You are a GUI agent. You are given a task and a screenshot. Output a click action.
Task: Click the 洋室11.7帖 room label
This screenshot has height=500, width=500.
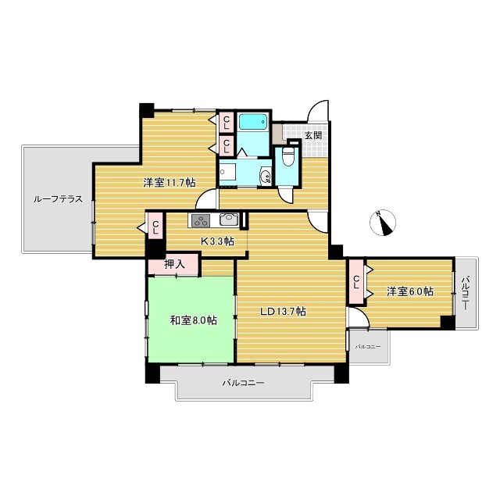tap(169, 183)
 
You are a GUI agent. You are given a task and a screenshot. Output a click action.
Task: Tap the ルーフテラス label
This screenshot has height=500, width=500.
tap(59, 199)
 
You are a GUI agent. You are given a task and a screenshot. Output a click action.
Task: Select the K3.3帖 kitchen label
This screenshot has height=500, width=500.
tap(217, 241)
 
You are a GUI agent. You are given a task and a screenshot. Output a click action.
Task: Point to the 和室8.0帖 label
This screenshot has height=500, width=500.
tap(194, 320)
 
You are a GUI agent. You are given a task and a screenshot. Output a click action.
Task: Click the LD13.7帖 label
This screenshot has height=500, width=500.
tap(283, 311)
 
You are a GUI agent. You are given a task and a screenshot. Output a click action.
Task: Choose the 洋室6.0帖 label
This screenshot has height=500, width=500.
tap(409, 291)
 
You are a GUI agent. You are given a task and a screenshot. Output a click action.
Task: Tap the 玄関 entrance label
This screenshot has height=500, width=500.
tap(312, 135)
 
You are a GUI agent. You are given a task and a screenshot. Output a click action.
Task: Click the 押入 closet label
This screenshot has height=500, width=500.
tap(174, 264)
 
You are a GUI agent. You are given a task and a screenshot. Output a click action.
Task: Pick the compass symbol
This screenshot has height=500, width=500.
tap(383, 223)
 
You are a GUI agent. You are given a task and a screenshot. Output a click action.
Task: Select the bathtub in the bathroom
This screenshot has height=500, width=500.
tap(253, 122)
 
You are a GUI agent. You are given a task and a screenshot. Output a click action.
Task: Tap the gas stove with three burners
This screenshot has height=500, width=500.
tap(201, 220)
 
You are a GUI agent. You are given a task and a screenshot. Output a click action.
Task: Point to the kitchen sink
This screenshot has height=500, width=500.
tap(229, 220)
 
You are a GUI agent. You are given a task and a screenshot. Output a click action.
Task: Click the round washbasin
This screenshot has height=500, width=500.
tap(266, 175)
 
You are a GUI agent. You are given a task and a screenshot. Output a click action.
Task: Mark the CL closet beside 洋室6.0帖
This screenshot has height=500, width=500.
tap(356, 282)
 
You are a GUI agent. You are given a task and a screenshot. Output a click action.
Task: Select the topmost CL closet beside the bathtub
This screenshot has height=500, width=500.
tap(227, 122)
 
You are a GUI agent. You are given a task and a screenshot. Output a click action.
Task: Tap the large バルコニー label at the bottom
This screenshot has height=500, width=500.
tap(243, 382)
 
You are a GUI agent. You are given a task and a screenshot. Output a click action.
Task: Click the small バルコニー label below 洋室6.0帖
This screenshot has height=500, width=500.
tap(368, 346)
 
